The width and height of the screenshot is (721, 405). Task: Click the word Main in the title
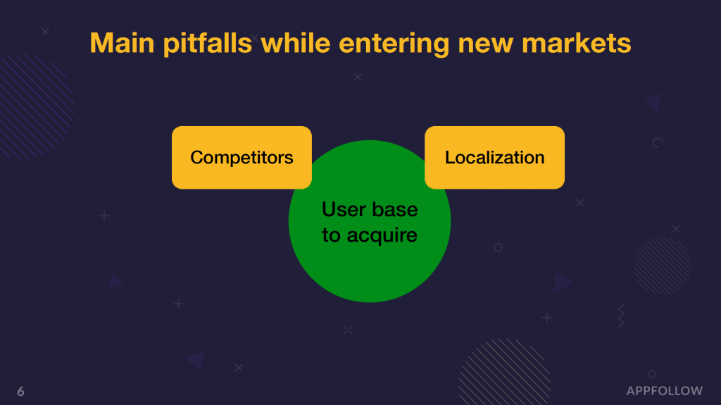tap(122, 43)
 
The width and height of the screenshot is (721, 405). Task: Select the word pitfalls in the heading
tap(208, 44)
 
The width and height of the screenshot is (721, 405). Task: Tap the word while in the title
tap(295, 42)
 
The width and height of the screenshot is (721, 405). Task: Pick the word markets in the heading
tap(576, 43)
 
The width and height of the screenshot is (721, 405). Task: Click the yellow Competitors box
tap(242, 157)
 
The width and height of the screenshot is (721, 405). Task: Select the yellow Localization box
tap(495, 157)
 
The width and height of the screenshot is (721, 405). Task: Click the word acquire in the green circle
tap(382, 236)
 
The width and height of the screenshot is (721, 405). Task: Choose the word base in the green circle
tap(395, 210)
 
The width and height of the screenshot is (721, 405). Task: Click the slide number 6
tap(20, 392)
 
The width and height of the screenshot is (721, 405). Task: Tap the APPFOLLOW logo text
tap(665, 391)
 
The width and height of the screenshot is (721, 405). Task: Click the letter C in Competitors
tap(197, 157)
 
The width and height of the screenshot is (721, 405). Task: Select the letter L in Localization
tap(450, 157)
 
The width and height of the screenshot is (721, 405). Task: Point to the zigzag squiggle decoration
tap(621, 316)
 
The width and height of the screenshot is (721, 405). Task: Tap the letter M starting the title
tap(100, 43)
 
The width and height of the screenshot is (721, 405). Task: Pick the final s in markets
tap(625, 45)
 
